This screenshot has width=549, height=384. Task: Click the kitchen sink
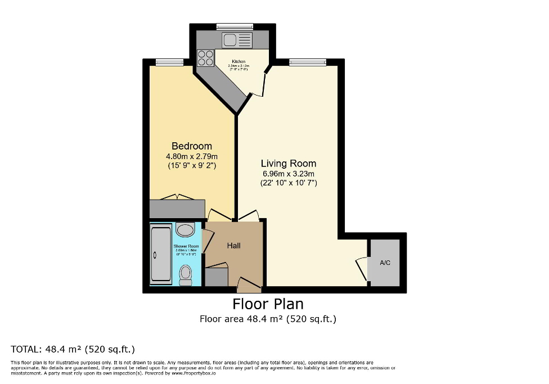(237, 39)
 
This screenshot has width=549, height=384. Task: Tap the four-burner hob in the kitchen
(206, 58)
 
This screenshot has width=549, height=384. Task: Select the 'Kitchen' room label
(238, 61)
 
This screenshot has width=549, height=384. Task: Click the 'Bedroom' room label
(192, 146)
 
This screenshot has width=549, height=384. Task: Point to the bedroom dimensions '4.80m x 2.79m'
(192, 156)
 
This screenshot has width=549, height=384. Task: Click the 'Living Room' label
(288, 163)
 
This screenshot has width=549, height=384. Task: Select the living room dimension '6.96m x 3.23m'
(288, 173)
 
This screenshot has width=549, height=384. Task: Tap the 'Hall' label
(233, 246)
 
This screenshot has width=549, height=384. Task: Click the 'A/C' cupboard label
(385, 263)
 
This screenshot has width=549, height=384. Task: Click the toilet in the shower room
(185, 274)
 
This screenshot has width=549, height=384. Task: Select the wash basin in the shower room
(184, 229)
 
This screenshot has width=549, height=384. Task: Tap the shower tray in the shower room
(161, 255)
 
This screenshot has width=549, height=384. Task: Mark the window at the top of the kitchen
(235, 26)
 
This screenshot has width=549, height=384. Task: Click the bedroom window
(169, 62)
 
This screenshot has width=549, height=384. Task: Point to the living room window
(308, 62)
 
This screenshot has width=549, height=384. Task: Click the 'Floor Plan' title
(268, 304)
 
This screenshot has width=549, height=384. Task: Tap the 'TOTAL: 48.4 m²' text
(73, 349)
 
